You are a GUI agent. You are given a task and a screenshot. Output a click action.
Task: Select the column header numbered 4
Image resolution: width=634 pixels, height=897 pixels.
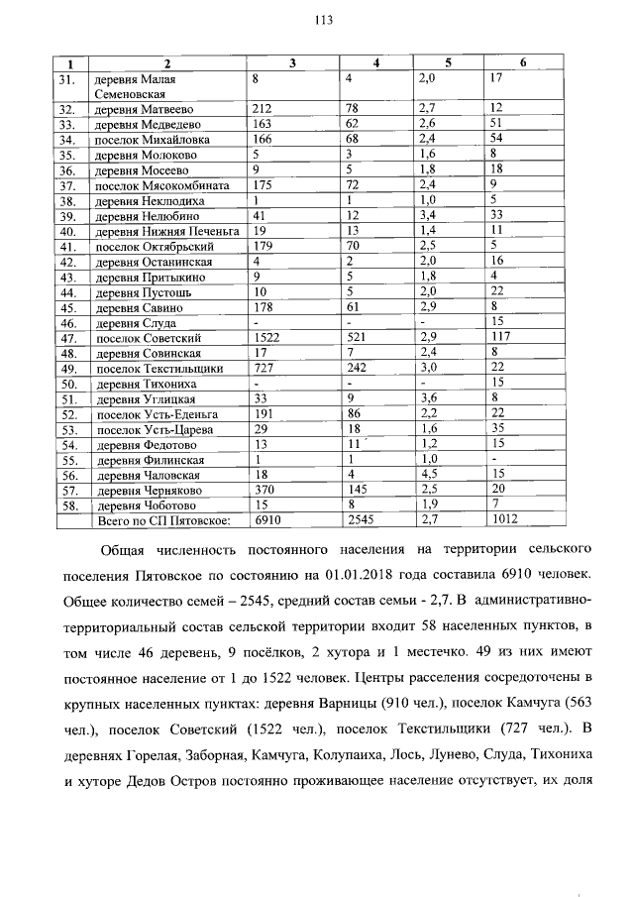pos(375,63)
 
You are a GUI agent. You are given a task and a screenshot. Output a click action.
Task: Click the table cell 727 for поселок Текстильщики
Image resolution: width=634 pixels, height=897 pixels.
pos(264,369)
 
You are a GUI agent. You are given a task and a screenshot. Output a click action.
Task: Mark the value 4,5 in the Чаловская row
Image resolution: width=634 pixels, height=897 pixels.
pos(427,474)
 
